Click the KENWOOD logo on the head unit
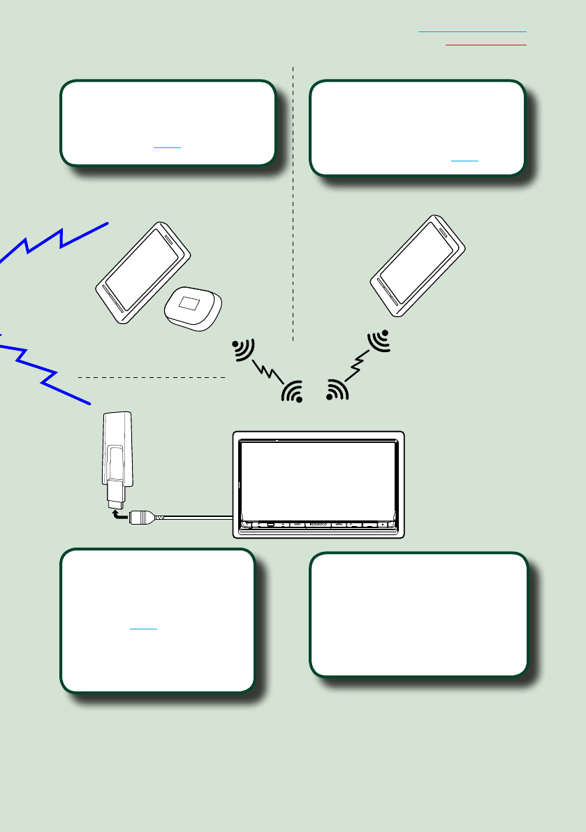(x=318, y=523)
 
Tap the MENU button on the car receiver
(x=339, y=523)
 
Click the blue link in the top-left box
(x=168, y=147)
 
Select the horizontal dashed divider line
(x=151, y=377)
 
